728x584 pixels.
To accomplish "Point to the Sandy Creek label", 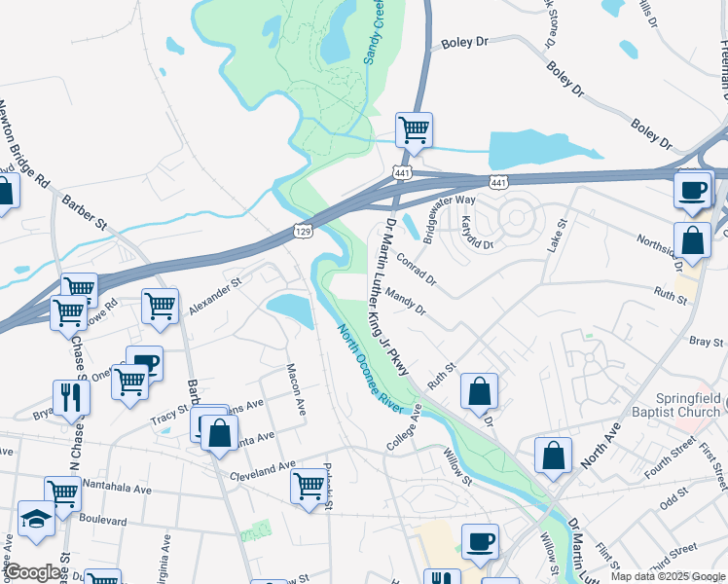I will (x=372, y=32).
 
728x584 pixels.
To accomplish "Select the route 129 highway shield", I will (x=303, y=231).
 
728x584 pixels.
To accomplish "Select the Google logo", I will (x=33, y=572).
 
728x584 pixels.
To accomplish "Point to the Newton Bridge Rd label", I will (x=23, y=143).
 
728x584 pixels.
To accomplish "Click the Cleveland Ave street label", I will (x=262, y=474).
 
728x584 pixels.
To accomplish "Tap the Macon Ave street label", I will (x=296, y=390).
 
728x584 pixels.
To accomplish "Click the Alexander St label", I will (x=214, y=295).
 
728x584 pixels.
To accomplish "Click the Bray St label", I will (x=700, y=342).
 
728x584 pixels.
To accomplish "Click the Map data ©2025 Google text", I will (x=667, y=576).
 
